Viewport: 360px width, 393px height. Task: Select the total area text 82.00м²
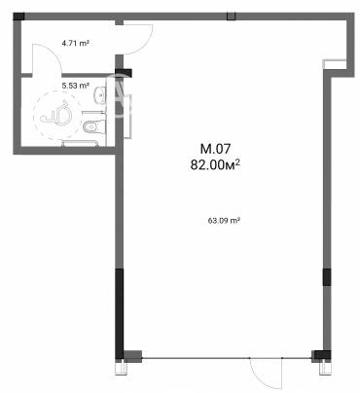tap(216, 165)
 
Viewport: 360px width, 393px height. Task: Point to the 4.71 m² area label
tap(75, 44)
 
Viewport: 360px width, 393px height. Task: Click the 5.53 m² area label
tap(75, 86)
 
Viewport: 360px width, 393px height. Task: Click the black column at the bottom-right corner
tap(317, 356)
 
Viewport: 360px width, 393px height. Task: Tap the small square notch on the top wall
tap(231, 15)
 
